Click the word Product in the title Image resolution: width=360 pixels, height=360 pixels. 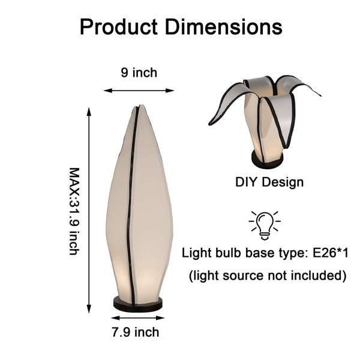tap(118, 27)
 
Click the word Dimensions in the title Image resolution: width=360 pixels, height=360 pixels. tap(223, 27)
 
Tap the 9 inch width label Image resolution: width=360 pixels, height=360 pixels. tap(139, 73)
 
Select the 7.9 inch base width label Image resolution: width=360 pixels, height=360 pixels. tap(136, 332)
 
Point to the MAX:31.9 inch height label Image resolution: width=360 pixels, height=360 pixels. tap(74, 211)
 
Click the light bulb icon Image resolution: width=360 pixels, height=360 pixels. tap(265, 226)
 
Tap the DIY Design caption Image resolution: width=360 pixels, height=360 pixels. tap(269, 182)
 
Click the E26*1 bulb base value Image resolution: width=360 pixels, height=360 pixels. tap(330, 253)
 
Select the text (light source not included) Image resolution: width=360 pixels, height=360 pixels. tap(268, 275)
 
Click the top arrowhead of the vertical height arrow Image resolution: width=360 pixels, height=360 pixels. tap(89, 112)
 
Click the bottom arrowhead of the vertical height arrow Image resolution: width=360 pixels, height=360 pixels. tap(89, 309)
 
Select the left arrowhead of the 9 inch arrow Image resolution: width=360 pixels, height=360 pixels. tap(107, 91)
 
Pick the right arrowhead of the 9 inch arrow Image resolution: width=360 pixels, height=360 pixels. tap(170, 91)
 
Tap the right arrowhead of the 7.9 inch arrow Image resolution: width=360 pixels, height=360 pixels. tap(160, 318)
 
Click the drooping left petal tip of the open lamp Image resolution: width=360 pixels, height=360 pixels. tap(210, 124)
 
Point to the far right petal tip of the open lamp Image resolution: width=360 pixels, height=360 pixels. tap(320, 95)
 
